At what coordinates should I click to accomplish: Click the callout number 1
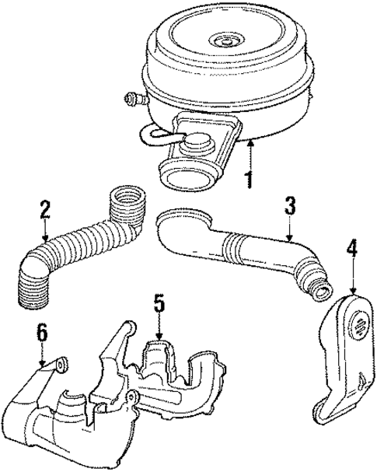[x=248, y=180]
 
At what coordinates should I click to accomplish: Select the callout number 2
[x=45, y=208]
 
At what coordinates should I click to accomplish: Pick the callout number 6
[x=41, y=332]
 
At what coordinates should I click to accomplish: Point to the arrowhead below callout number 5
[x=159, y=337]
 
